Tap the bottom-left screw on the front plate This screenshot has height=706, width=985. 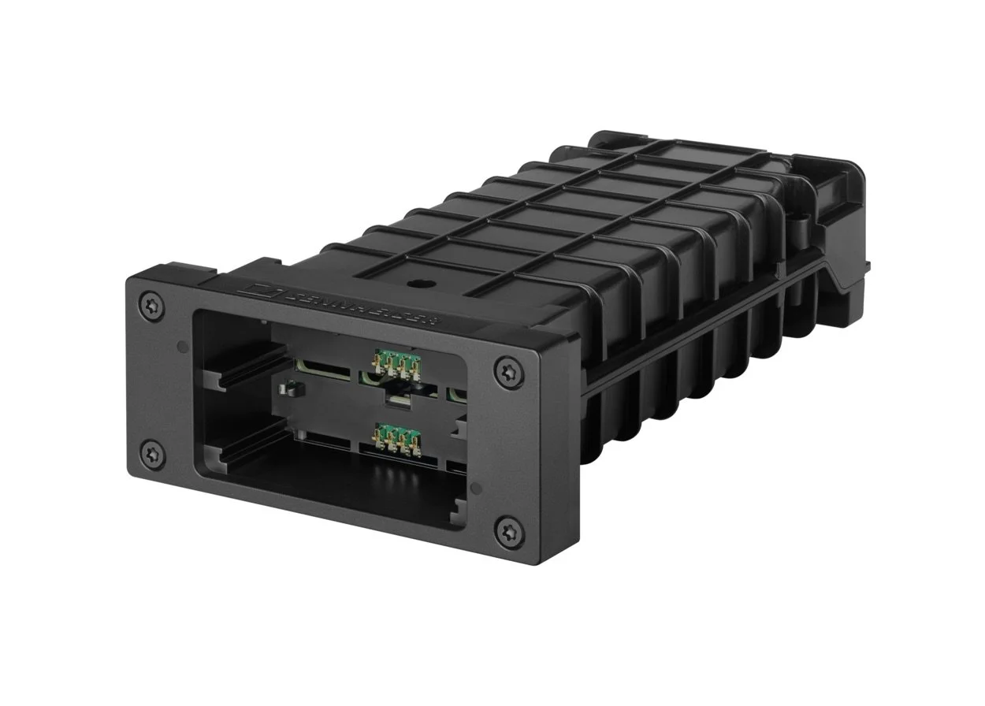click(153, 455)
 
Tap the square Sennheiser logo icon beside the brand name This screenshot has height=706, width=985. click(261, 288)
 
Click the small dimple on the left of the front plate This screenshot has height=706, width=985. click(182, 345)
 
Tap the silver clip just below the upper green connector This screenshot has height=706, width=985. click(398, 397)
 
